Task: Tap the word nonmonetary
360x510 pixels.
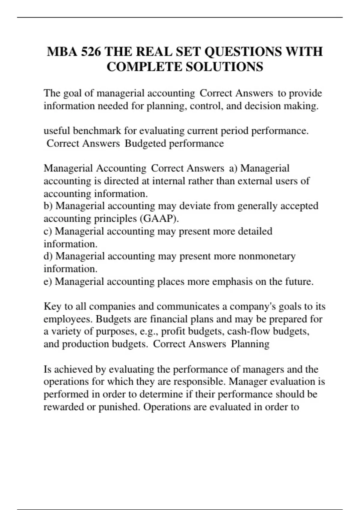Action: click(267, 256)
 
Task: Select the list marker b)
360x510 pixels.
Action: click(48, 206)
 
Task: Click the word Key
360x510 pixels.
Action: click(52, 307)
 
